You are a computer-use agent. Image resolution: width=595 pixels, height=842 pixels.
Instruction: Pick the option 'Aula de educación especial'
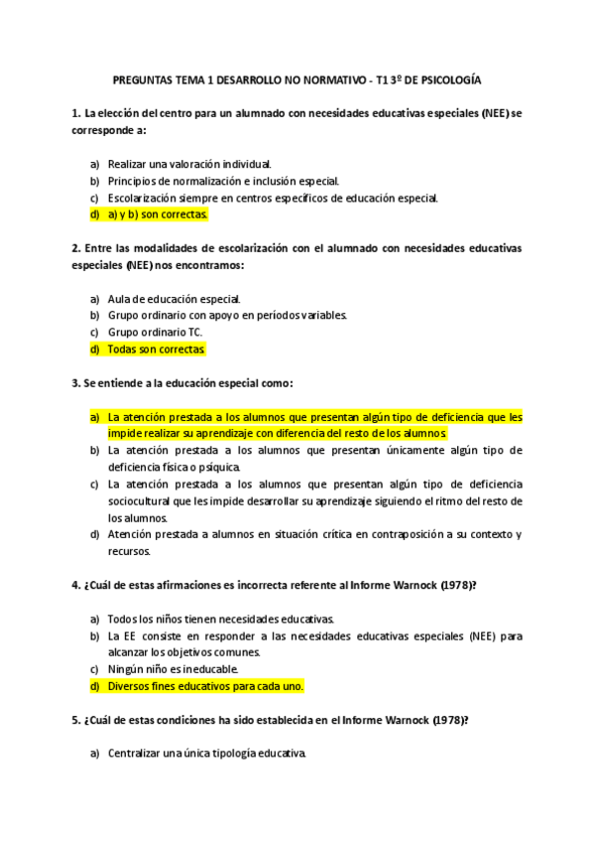coord(174,298)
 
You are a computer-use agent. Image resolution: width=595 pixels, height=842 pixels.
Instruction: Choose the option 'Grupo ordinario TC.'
coord(155,333)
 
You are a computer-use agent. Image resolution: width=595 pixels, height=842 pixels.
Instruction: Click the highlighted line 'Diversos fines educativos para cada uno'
coord(205,686)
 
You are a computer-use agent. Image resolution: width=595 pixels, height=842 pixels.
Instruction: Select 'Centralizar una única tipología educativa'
coord(207,754)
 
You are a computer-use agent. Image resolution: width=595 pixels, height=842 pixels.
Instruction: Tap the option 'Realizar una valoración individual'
coord(189,163)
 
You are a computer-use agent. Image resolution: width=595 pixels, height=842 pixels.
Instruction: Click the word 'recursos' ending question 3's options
coord(129,551)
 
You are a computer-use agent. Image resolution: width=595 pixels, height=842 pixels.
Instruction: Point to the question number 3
coord(76,382)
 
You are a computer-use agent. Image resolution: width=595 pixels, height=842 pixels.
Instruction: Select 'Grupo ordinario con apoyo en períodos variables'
coord(227,316)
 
